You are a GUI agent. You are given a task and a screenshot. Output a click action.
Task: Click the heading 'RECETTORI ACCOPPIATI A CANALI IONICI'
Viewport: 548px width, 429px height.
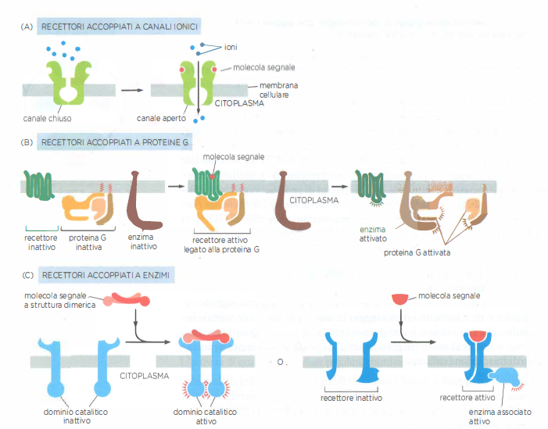[x=119, y=27]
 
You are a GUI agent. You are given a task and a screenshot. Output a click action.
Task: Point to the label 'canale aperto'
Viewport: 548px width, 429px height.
[x=159, y=119]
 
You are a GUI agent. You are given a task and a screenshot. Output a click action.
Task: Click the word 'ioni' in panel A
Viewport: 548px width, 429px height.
[x=231, y=48]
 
